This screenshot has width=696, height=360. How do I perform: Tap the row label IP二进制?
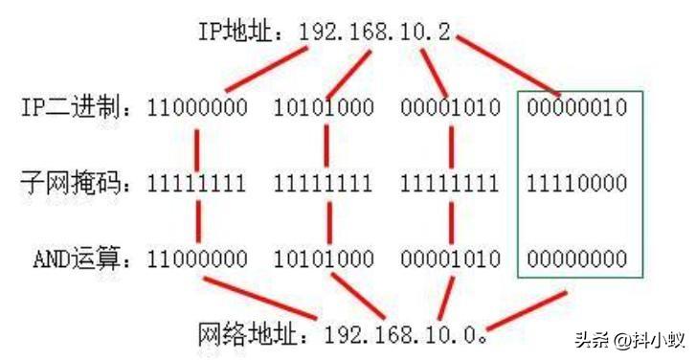pos(73,107)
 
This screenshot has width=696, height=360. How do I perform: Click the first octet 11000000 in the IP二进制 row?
pos(196,107)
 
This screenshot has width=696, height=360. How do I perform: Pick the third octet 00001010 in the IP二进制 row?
pos(450,107)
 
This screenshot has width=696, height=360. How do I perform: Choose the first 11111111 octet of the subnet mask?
pos(196,182)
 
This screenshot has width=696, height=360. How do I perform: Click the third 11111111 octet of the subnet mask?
pos(450,182)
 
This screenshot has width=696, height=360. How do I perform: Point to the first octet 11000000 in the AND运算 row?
pos(196,258)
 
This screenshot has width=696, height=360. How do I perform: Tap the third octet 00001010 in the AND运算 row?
pos(450,258)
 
